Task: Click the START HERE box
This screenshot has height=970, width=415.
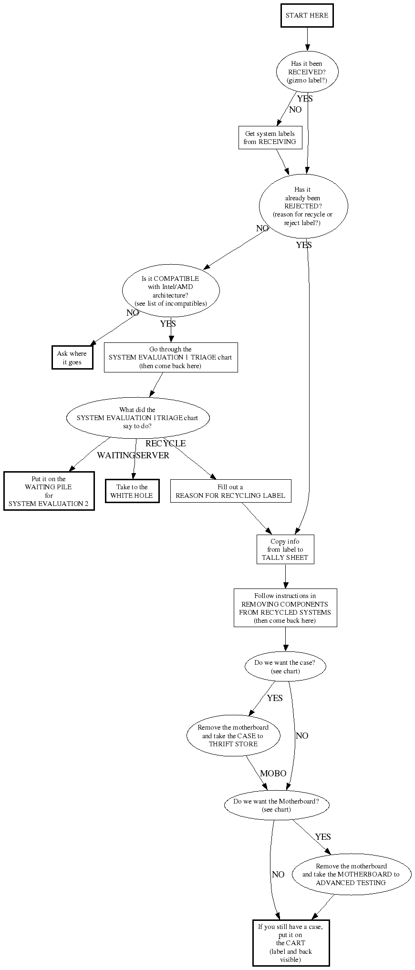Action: point(307,15)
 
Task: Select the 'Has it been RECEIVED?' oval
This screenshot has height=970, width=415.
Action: point(307,72)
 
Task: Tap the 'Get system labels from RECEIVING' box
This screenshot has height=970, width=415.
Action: point(270,137)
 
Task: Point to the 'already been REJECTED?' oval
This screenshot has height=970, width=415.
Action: point(303,206)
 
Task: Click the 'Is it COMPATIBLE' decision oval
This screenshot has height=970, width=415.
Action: point(171,291)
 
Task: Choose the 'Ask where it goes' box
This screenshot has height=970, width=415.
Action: point(72,358)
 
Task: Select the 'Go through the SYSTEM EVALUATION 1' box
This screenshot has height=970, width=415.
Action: point(171,357)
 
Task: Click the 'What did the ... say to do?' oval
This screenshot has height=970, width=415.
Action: point(137,418)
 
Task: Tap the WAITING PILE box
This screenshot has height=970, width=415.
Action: point(49,491)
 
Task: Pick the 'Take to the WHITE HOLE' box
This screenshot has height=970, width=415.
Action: point(132,491)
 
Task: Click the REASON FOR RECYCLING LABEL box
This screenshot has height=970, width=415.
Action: point(230,491)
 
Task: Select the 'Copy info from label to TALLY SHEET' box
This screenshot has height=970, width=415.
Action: point(285,549)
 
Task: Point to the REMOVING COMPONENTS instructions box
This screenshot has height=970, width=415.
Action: point(285,608)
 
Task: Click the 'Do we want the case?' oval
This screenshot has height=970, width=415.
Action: point(285,667)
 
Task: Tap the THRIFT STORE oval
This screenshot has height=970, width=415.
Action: point(233,736)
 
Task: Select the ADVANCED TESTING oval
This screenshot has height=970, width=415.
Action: point(351,875)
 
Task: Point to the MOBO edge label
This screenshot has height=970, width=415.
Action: point(273,774)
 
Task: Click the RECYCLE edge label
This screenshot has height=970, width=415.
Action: point(166,444)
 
